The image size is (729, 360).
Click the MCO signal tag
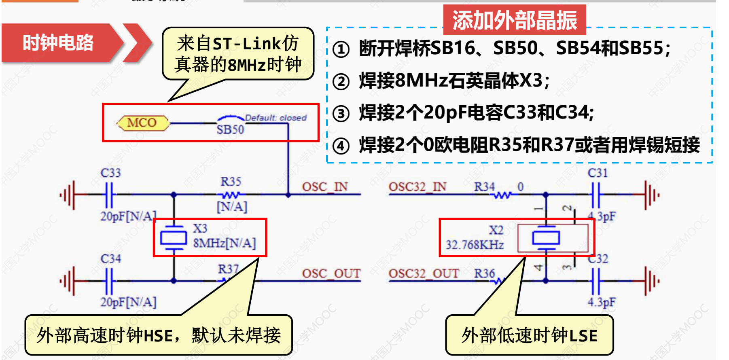pyautogui.click(x=142, y=123)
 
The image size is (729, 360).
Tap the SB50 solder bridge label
pyautogui.click(x=230, y=129)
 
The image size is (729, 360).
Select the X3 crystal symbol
pyautogui.click(x=174, y=238)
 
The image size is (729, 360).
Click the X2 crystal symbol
pyautogui.click(x=546, y=238)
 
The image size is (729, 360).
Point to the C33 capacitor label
pyautogui.click(x=110, y=173)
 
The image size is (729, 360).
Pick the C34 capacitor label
pyautogui.click(x=110, y=258)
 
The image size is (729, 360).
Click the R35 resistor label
pyautogui.click(x=231, y=182)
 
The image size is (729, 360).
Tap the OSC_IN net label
pyautogui.click(x=324, y=187)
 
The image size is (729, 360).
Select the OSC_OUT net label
pyautogui.click(x=331, y=273)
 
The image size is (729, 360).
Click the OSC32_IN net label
pyautogui.click(x=417, y=187)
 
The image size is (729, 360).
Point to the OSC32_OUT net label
pyautogui.click(x=424, y=273)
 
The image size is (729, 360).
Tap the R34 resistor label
pyautogui.click(x=484, y=187)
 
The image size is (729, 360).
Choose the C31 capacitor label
pyautogui.click(x=598, y=173)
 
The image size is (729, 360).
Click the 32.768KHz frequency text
pyautogui.click(x=475, y=245)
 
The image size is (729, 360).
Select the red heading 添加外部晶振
pyautogui.click(x=514, y=20)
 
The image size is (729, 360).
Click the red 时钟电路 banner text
pyautogui.click(x=58, y=42)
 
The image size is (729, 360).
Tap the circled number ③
pyautogui.click(x=341, y=114)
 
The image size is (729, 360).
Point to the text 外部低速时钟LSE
pyautogui.click(x=529, y=336)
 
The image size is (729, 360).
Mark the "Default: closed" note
pyautogui.click(x=276, y=118)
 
